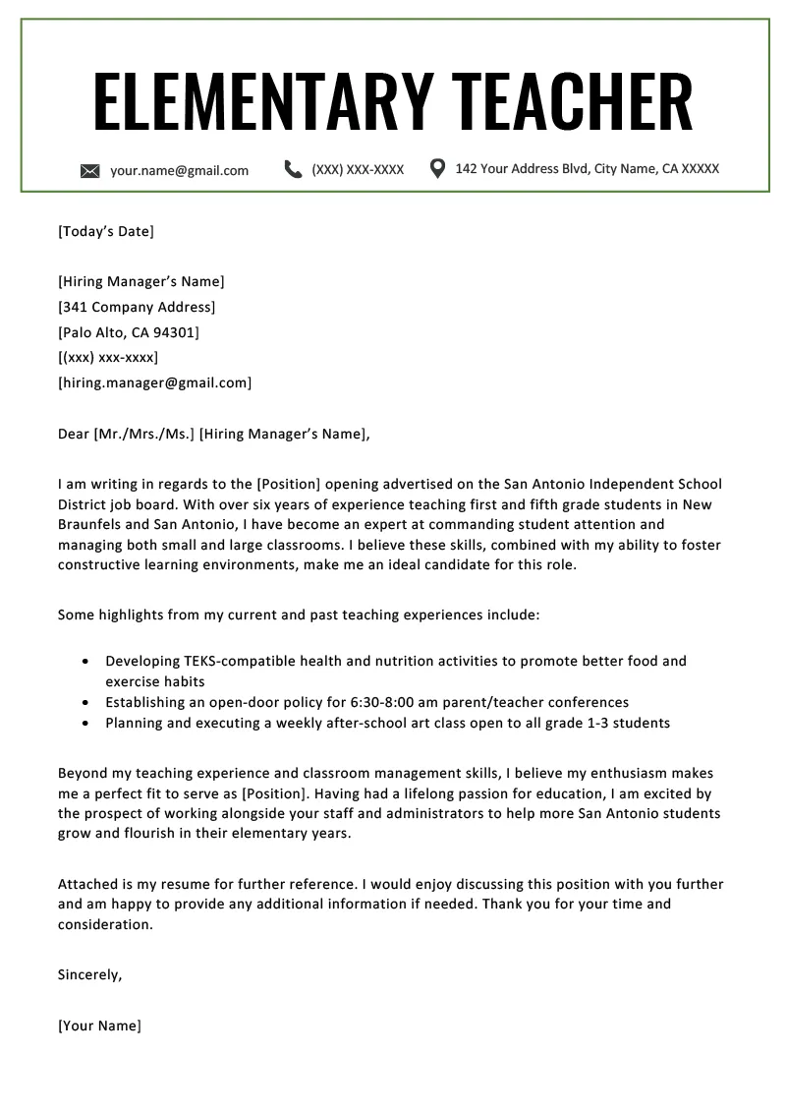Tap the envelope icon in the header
[x=90, y=171]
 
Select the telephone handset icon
[x=293, y=169]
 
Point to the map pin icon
[x=438, y=168]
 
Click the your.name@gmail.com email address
[x=179, y=170]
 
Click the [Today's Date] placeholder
[x=106, y=232]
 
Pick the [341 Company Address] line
[x=137, y=307]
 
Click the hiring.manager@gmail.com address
[x=155, y=382]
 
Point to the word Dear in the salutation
[x=74, y=434]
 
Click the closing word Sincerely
[x=89, y=975]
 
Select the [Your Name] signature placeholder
[x=100, y=1025]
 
